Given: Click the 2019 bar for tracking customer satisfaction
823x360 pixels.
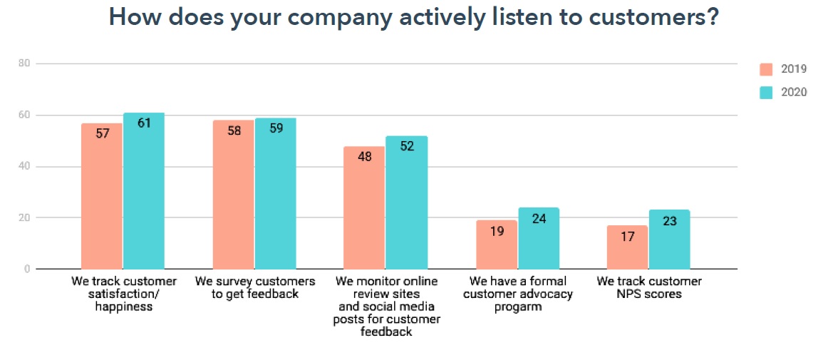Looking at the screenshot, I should point(101,196).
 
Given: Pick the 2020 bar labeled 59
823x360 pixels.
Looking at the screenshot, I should point(275,194).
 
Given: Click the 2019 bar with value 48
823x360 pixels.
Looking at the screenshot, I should point(364,207).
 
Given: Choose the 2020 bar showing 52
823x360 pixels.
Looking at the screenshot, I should point(406,202).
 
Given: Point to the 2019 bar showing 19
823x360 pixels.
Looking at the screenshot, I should point(496,245).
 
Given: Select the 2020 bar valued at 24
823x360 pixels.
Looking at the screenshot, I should point(538,238).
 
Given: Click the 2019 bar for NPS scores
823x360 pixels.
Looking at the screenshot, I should point(627,247).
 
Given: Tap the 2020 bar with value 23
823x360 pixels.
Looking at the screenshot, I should point(669,240).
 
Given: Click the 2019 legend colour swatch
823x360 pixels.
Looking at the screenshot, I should point(767,69).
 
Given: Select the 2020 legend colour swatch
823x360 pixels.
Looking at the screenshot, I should point(767,92).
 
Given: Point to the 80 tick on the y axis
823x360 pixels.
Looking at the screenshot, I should point(24,63).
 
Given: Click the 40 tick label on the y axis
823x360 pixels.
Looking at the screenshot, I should point(24,167).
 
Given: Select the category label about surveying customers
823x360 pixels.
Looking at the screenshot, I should point(255,287).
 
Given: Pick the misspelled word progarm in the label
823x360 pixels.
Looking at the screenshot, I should point(517,307).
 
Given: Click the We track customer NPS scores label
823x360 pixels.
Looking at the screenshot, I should point(649,287).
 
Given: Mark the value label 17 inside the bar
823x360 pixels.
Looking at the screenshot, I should point(627,236).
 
